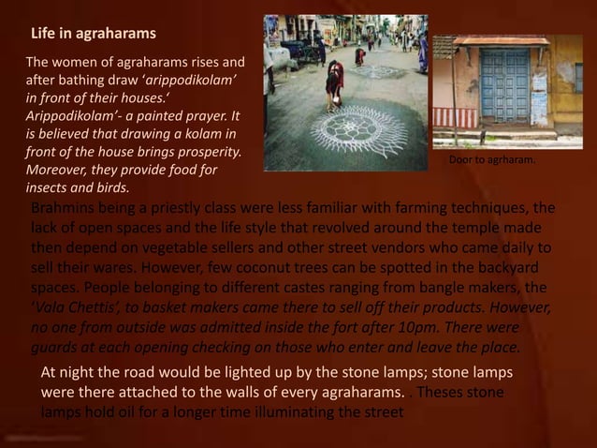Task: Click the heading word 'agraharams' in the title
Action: [x=119, y=35]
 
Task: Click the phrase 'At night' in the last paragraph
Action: [x=68, y=372]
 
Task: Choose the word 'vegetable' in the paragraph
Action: [x=188, y=248]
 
